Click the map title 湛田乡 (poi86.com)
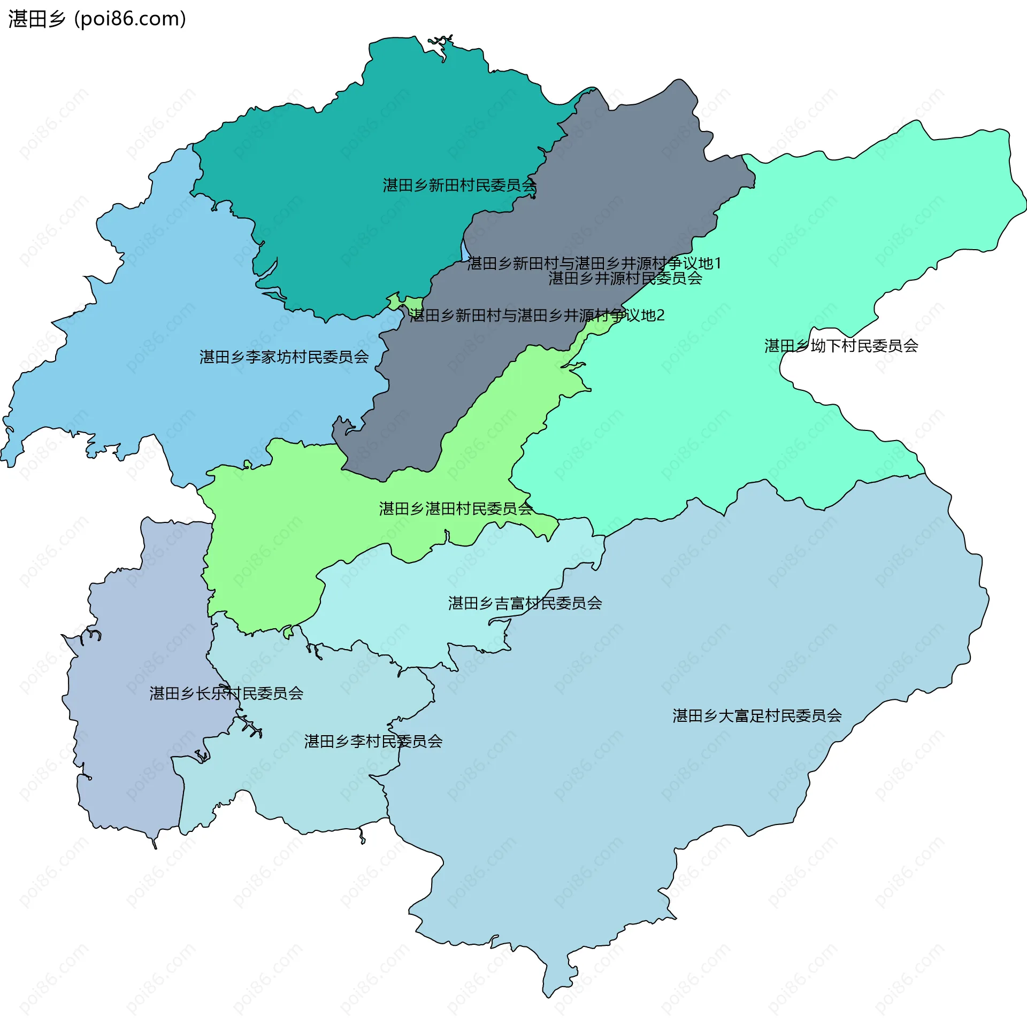coord(97,19)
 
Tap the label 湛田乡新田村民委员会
coord(459,186)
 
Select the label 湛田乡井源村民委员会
coord(625,279)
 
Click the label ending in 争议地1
coord(594,264)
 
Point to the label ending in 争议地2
coord(537,315)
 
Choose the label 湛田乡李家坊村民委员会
coord(284,357)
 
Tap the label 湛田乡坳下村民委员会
coord(841,346)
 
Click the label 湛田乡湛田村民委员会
coord(456,508)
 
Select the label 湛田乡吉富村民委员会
coord(525,603)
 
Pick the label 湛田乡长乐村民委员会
coord(226,693)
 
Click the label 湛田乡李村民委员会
coord(373,741)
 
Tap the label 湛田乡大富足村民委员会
coord(757,715)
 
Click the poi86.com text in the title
coord(130,19)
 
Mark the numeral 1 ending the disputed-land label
coord(718,264)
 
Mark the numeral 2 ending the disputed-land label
coord(661,315)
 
